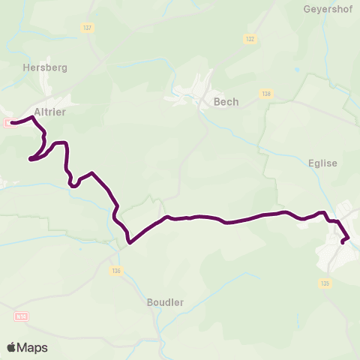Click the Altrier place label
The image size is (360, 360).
pyautogui.click(x=50, y=112)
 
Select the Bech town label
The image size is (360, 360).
pyautogui.click(x=226, y=102)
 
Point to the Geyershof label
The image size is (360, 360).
pyautogui.click(x=328, y=10)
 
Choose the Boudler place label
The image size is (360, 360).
pyautogui.click(x=166, y=302)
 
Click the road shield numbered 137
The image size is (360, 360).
pyautogui.click(x=88, y=28)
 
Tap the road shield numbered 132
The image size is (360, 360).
pyautogui.click(x=250, y=38)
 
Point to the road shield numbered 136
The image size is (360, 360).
pyautogui.click(x=115, y=271)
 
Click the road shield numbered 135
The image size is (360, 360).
pyautogui.click(x=325, y=283)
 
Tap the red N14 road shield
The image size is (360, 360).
pyautogui.click(x=21, y=317)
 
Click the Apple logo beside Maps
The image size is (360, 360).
pyautogui.click(x=11, y=347)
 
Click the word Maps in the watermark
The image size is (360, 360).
pyautogui.click(x=32, y=347)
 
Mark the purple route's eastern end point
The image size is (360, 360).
pyautogui.click(x=343, y=241)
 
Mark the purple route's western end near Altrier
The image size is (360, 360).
pyautogui.click(x=13, y=123)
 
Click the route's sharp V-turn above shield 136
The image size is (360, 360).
pyautogui.click(x=130, y=242)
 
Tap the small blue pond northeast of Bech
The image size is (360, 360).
pyautogui.click(x=298, y=70)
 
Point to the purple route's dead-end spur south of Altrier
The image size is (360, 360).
pyautogui.click(x=31, y=158)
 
